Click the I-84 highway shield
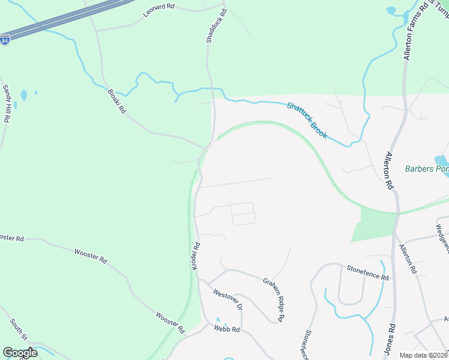pyautogui.click(x=5, y=41)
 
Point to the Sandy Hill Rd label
pyautogui.click(x=7, y=103)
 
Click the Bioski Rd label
pyautogui.click(x=116, y=101)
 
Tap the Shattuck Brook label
pyautogui.click(x=307, y=120)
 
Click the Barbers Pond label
pyautogui.click(x=427, y=169)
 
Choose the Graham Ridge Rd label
pyautogui.click(x=273, y=299)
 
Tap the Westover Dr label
pyautogui.click(x=228, y=298)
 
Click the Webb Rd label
pyautogui.click(x=227, y=329)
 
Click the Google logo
pyautogui.click(x=20, y=352)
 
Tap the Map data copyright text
pyautogui.click(x=423, y=355)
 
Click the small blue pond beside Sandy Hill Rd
pyautogui.click(x=23, y=95)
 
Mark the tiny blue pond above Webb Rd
pyautogui.click(x=217, y=320)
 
